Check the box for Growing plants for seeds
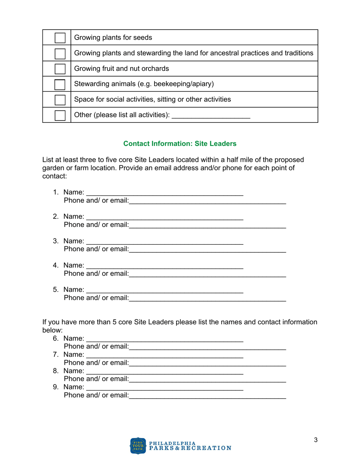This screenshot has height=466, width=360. click(x=60, y=38)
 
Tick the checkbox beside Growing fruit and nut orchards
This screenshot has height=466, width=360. click(x=60, y=69)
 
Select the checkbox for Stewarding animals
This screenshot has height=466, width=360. click(x=60, y=84)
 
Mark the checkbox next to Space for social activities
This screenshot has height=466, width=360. click(x=60, y=100)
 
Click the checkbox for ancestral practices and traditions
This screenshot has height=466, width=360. click(x=60, y=53)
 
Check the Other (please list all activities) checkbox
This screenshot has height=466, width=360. click(x=60, y=115)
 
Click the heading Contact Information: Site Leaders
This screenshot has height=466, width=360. click(x=180, y=144)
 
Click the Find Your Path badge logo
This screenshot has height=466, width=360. click(x=138, y=446)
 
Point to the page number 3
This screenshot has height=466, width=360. click(x=315, y=440)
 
